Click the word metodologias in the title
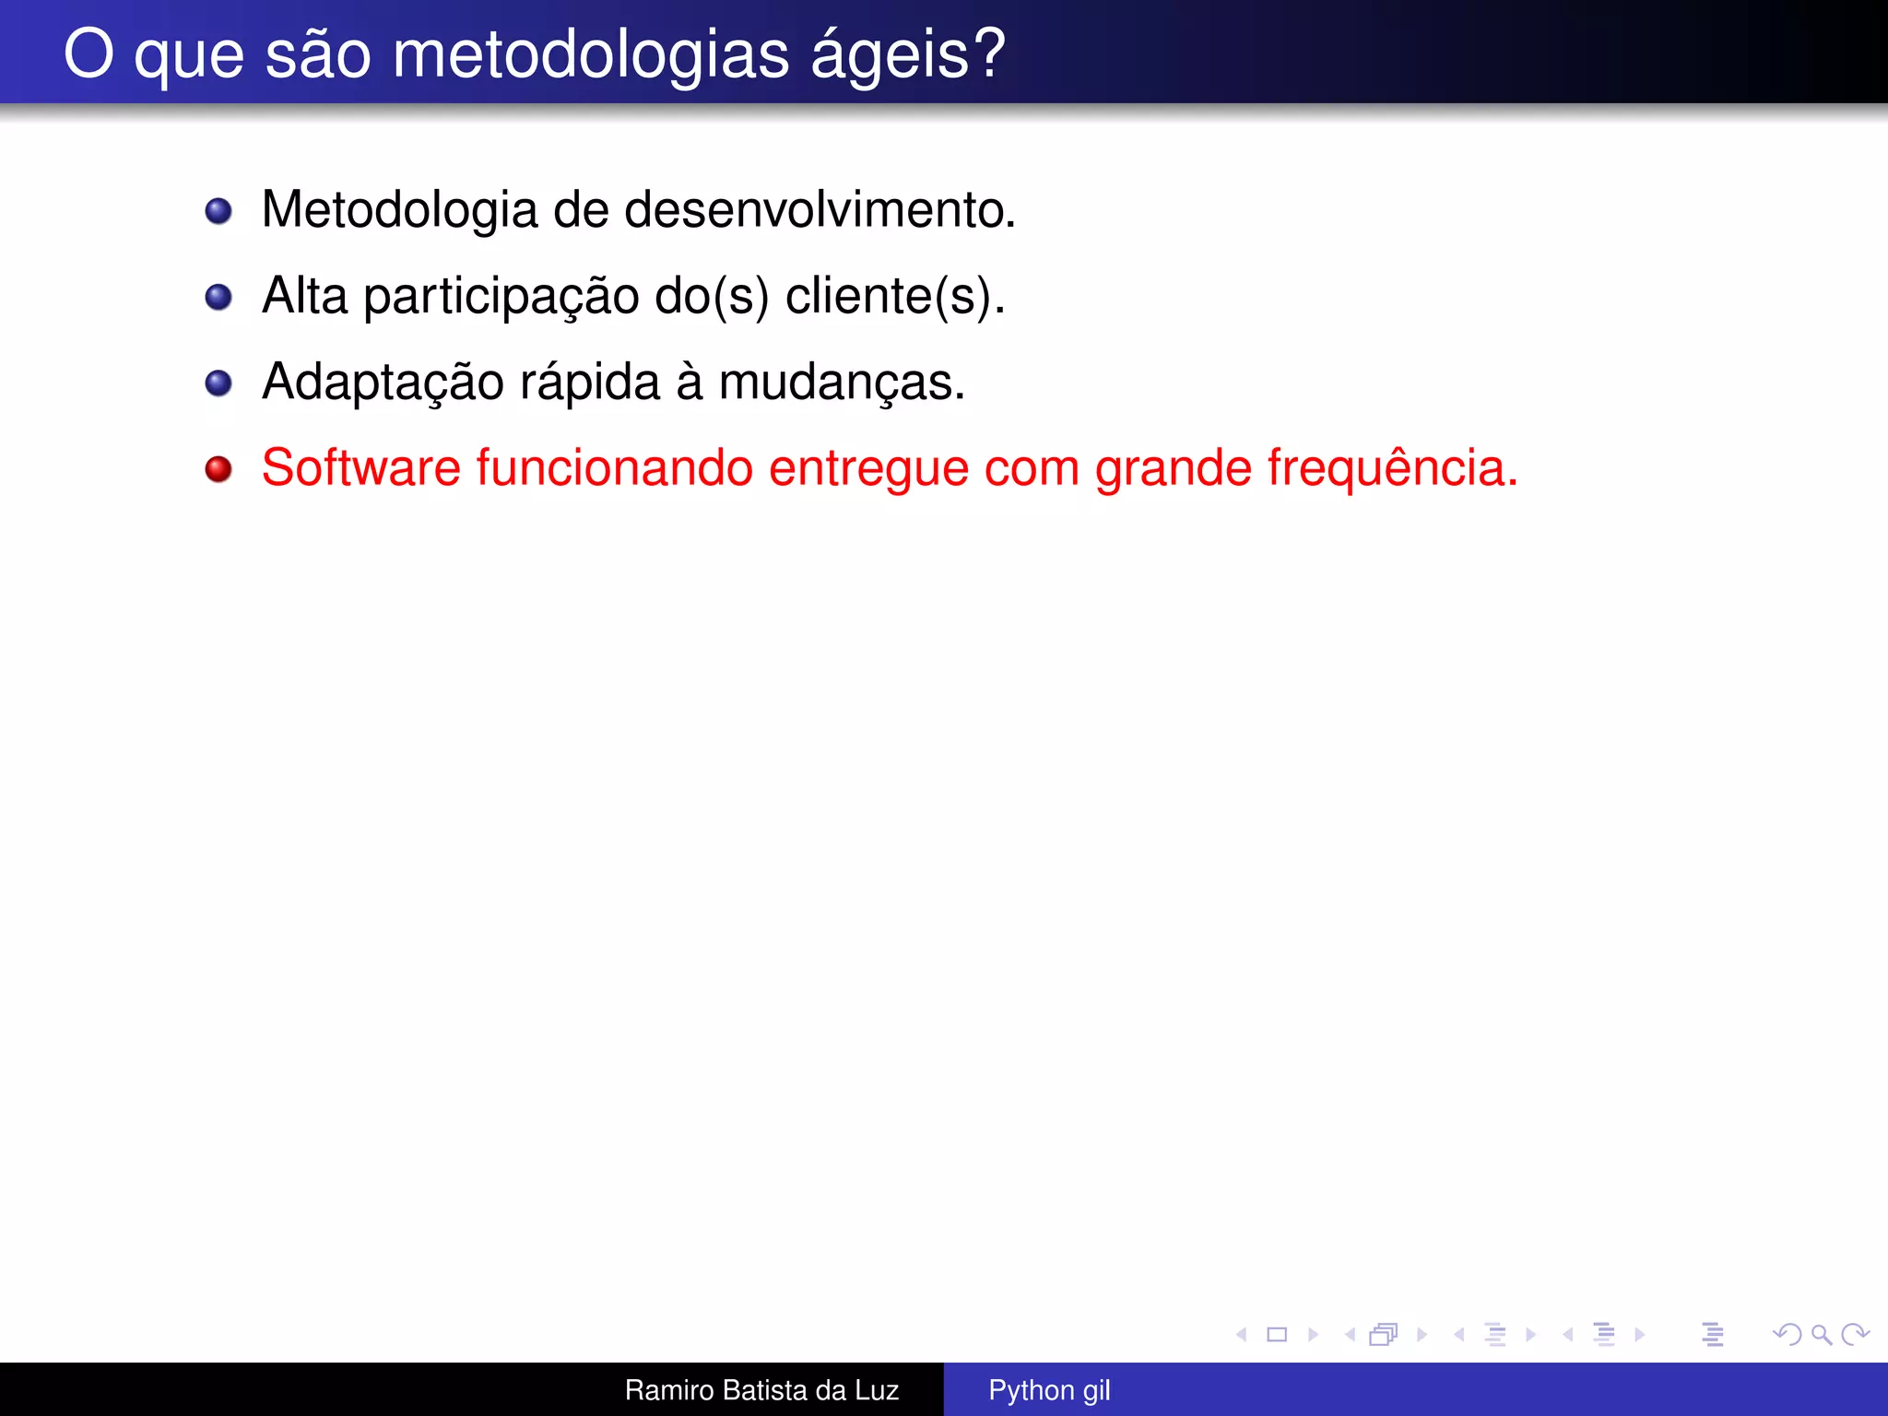[x=590, y=55]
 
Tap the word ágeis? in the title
[x=908, y=55]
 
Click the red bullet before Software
[x=218, y=469]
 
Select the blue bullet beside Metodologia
[x=218, y=211]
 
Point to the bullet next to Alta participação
[x=218, y=297]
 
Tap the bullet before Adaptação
[x=218, y=383]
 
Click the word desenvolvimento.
[x=820, y=210]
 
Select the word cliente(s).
[x=894, y=297]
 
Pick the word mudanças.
[x=841, y=383]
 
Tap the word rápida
[x=590, y=383]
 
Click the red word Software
[x=360, y=467]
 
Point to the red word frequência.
[x=1392, y=467]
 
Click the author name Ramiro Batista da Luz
[x=761, y=1390]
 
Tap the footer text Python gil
[x=1049, y=1390]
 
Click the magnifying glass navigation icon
[x=1821, y=1334]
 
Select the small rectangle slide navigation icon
[x=1277, y=1334]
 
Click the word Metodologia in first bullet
[x=399, y=210]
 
